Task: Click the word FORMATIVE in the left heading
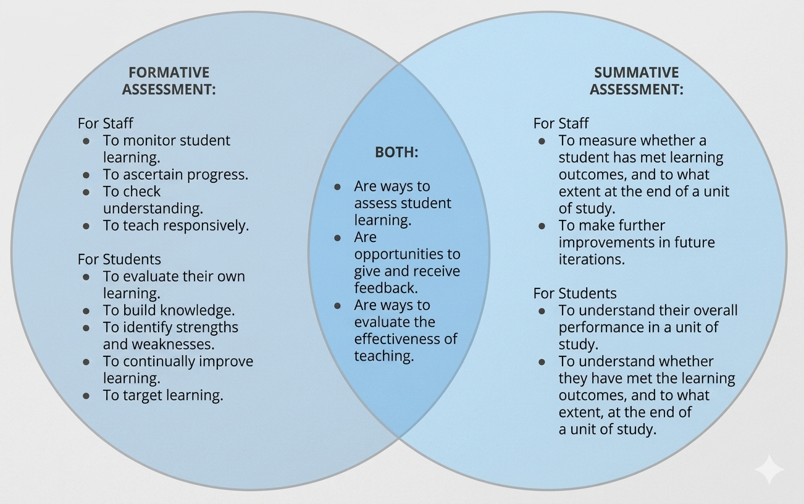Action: pyautogui.click(x=169, y=72)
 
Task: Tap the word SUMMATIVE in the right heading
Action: pyautogui.click(x=637, y=72)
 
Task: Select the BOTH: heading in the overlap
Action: pyautogui.click(x=396, y=152)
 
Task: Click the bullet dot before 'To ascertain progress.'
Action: pyautogui.click(x=86, y=175)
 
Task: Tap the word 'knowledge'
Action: pyautogui.click(x=197, y=310)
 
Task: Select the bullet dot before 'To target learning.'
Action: pyautogui.click(x=86, y=396)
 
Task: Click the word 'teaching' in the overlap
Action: pyautogui.click(x=383, y=356)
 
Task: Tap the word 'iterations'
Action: pyautogui.click(x=592, y=259)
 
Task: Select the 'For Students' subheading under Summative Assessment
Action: pyautogui.click(x=575, y=293)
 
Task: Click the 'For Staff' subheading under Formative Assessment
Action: pyautogui.click(x=105, y=123)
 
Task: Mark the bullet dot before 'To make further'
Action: pyautogui.click(x=542, y=226)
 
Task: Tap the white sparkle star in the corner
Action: pyautogui.click(x=769, y=469)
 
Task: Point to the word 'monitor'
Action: pyautogui.click(x=149, y=140)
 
